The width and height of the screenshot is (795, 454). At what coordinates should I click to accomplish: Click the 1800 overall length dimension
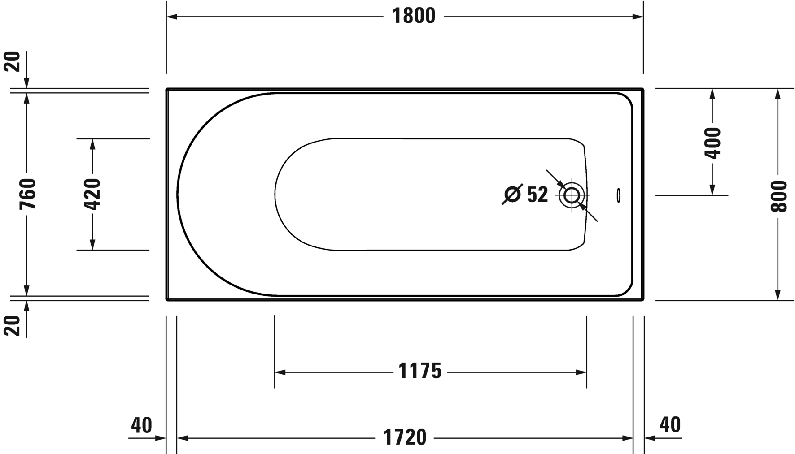[414, 16]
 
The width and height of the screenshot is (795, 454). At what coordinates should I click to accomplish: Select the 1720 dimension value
[405, 437]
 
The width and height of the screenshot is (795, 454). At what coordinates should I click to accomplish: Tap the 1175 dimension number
[420, 371]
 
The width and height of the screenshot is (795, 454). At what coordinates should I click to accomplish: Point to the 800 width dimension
[778, 196]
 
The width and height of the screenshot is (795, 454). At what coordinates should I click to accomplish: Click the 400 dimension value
[712, 143]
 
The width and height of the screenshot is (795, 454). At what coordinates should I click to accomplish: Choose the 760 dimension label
[27, 194]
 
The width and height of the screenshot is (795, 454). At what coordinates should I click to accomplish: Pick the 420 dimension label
[93, 194]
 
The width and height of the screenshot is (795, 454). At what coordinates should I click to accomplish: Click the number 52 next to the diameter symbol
[537, 195]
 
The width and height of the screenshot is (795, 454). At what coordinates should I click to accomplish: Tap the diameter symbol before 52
[512, 195]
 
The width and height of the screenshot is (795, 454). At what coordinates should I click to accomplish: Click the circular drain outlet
[572, 195]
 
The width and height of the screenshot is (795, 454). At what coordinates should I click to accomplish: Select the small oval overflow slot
[619, 195]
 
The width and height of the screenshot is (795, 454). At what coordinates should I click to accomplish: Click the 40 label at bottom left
[142, 424]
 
